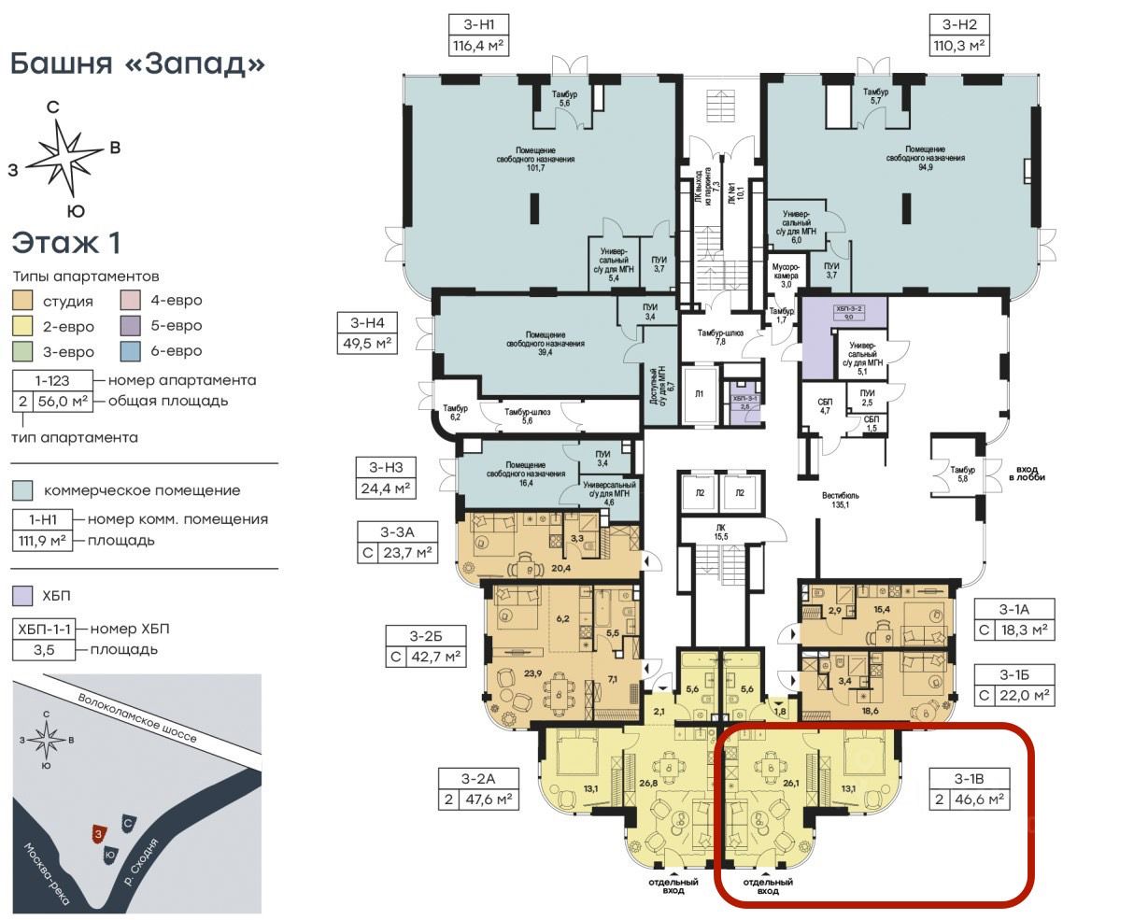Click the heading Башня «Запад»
click(137, 64)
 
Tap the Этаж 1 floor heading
click(66, 243)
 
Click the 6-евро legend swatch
click(132, 351)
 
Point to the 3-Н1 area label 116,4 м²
click(478, 44)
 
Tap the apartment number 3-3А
click(397, 532)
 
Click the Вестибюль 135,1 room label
click(840, 502)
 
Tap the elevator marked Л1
click(700, 394)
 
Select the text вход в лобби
click(1026, 471)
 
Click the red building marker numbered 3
click(97, 832)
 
